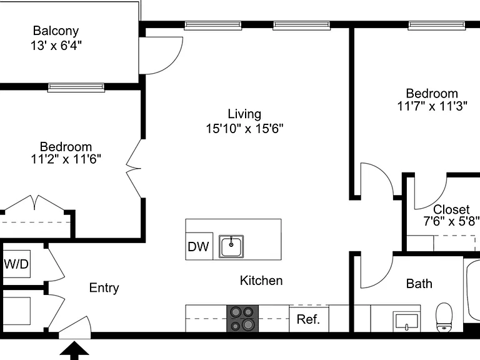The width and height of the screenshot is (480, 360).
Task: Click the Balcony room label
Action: [x=56, y=31]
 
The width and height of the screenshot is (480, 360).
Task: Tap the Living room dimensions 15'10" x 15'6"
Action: [x=244, y=129]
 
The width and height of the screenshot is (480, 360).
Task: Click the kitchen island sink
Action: [x=231, y=246]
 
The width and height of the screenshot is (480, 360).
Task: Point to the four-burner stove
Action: [x=242, y=318]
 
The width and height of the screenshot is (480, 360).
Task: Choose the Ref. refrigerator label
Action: [x=308, y=319]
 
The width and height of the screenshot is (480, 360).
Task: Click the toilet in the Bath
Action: [x=444, y=317]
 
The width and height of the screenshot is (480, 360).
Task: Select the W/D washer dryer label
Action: [x=16, y=264]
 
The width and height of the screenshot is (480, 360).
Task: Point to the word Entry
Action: [x=104, y=288]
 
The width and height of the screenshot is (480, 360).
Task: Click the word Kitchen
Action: [x=261, y=281]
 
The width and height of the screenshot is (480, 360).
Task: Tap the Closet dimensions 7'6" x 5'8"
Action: [x=451, y=221]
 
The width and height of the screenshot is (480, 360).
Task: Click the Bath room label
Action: [x=419, y=284]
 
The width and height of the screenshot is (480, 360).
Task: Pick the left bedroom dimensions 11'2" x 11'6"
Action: [x=66, y=159]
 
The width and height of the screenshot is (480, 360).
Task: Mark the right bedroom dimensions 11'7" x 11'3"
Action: [x=432, y=106]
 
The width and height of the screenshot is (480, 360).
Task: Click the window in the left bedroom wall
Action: [x=76, y=87]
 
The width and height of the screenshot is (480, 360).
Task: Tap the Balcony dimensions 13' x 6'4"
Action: [x=56, y=46]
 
